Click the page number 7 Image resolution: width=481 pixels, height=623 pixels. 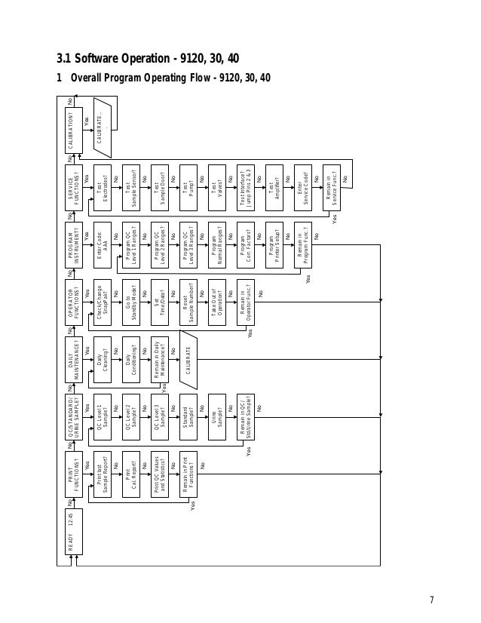[432, 600]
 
